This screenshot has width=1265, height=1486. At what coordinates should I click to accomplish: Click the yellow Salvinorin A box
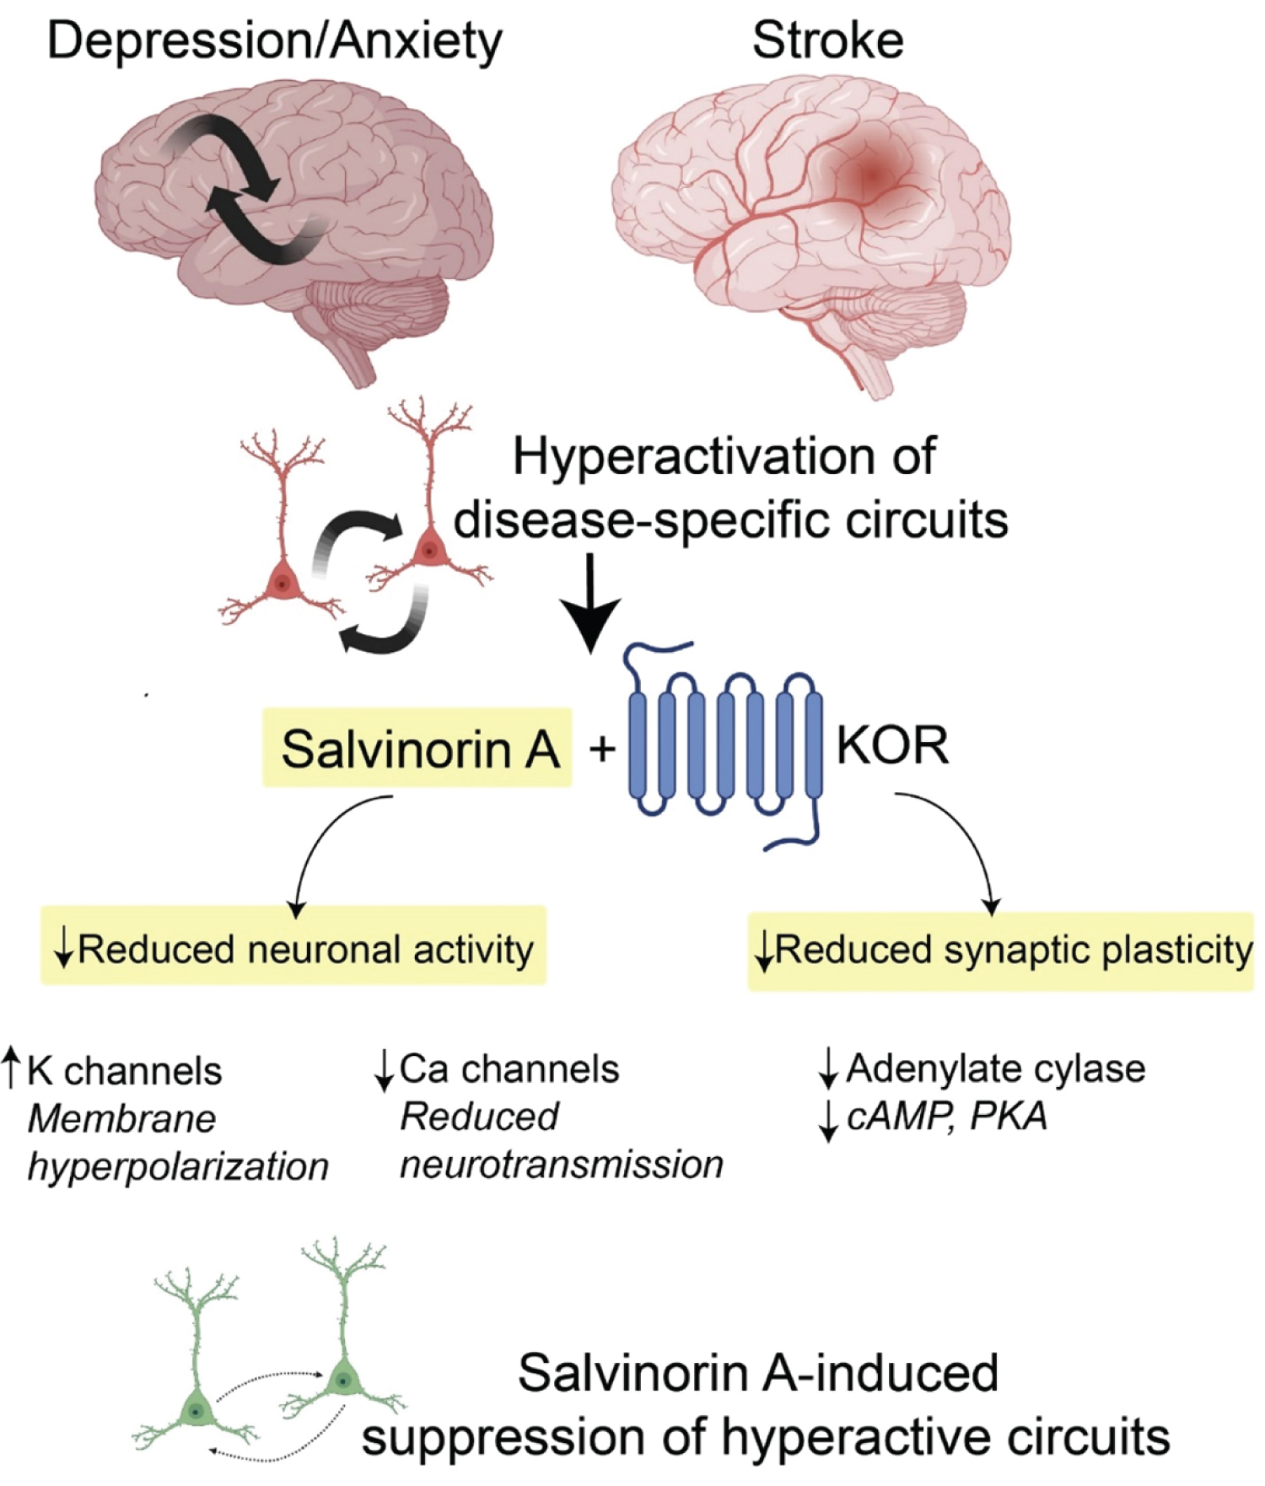417,748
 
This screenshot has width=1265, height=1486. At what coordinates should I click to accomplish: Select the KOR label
892,745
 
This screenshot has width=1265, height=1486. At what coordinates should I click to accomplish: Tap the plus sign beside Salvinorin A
602,747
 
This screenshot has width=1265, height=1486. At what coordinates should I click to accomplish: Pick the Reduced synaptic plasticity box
1001,950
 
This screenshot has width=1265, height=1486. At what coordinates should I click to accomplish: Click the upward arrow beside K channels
11,1067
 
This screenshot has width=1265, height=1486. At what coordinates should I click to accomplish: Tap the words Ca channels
509,1069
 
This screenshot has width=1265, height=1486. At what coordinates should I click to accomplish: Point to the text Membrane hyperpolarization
177,1143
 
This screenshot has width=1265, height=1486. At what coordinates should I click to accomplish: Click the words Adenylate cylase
995,1069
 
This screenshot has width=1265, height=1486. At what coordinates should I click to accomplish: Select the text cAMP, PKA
946,1117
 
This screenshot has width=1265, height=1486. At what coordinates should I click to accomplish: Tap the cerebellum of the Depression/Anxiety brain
379,316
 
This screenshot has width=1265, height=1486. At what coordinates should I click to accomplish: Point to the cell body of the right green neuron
343,1381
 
